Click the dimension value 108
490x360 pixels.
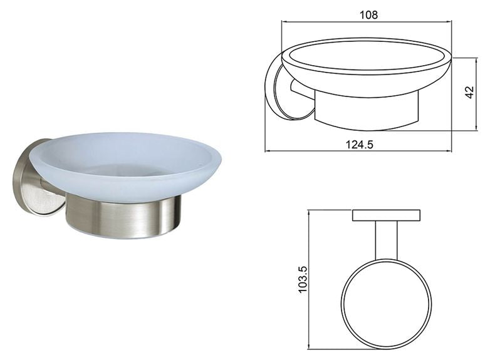368,14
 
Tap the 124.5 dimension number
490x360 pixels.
360,145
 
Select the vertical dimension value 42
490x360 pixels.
470,93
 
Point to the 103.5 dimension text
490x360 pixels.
303,279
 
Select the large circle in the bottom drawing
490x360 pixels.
341,303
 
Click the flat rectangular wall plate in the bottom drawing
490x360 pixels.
386,215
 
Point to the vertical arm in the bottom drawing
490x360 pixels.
387,240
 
